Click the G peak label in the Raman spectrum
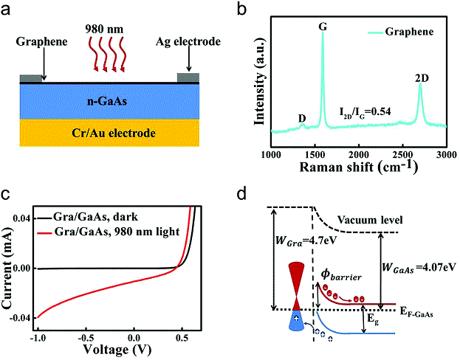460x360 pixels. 322,25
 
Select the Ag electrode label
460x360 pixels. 191,43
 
